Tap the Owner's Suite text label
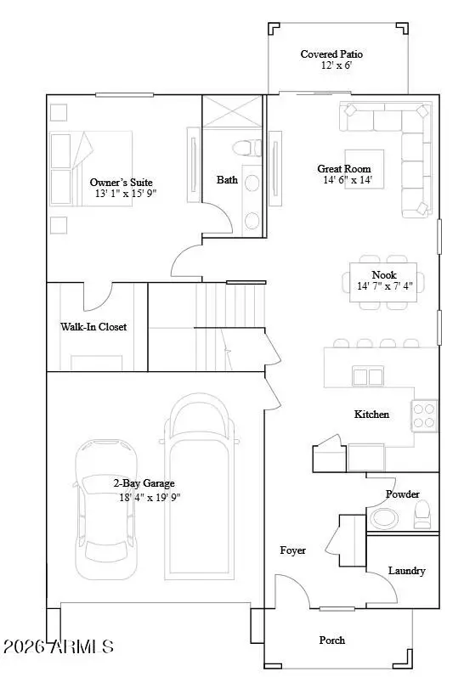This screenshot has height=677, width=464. pyautogui.click(x=122, y=183)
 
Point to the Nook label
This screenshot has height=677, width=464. pyautogui.click(x=384, y=274)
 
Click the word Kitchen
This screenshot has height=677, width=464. pyautogui.click(x=371, y=415)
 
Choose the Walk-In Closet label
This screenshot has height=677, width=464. pyautogui.click(x=93, y=326)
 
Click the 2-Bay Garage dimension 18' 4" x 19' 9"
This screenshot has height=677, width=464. pyautogui.click(x=150, y=498)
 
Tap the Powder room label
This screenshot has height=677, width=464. pyautogui.click(x=403, y=494)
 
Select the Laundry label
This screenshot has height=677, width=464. pyautogui.click(x=406, y=571)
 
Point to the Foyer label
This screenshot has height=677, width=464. pyautogui.click(x=293, y=550)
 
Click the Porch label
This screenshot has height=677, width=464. pyautogui.click(x=332, y=640)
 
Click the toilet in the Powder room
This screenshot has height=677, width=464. pyautogui.click(x=422, y=513)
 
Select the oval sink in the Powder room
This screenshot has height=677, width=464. pyautogui.click(x=385, y=517)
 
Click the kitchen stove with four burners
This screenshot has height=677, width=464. pyautogui.click(x=425, y=415)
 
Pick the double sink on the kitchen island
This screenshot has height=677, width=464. pyautogui.click(x=367, y=376)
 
